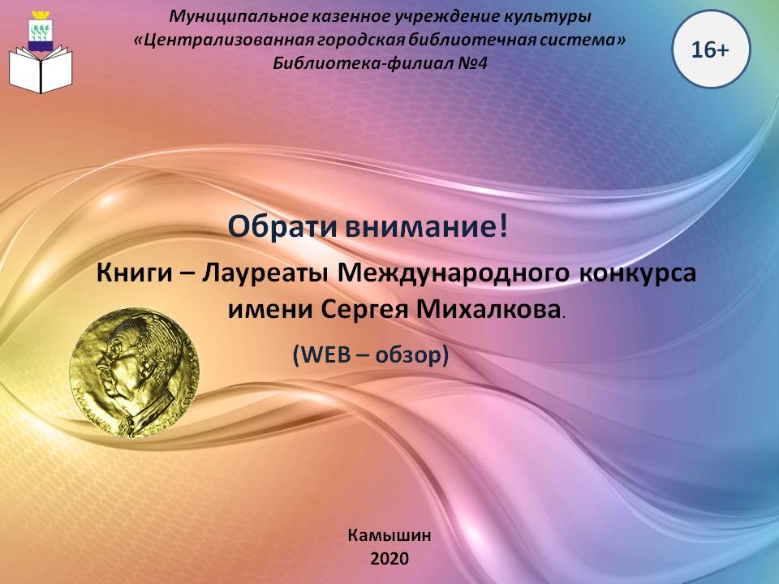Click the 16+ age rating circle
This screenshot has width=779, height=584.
(711, 49)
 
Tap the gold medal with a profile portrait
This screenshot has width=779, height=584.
(134, 372)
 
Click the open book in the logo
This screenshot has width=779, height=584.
(41, 69)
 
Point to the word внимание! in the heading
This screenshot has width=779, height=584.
(427, 227)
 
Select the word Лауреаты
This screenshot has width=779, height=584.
(265, 274)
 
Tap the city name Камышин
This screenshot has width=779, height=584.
(389, 535)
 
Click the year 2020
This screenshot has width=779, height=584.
(389, 559)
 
